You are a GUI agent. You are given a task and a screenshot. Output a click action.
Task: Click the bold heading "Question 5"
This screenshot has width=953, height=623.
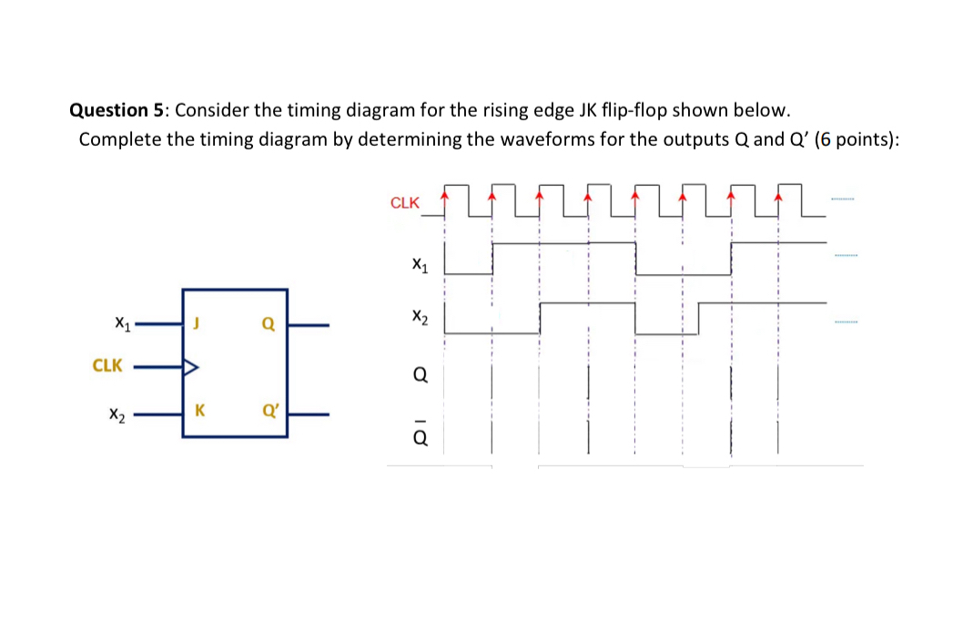(x=117, y=110)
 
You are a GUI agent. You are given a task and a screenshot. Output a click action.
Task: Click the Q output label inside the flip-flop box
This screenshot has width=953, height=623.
(x=268, y=322)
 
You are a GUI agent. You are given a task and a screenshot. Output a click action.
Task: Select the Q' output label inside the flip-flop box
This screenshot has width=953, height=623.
(x=270, y=410)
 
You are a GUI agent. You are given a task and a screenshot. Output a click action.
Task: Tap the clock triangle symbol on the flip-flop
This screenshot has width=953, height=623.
(x=190, y=368)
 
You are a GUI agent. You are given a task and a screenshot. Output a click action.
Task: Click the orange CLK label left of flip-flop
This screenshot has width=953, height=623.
(x=107, y=365)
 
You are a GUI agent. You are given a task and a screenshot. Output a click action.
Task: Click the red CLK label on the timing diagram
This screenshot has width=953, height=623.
(x=405, y=203)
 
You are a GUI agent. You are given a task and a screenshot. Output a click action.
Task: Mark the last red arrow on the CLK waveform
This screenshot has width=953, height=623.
(x=778, y=194)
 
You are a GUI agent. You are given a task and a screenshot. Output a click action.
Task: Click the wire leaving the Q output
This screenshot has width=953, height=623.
(x=309, y=323)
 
